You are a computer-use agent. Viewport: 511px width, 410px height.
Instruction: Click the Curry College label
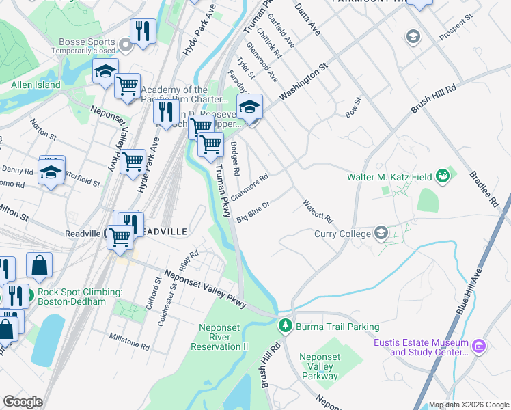click(x=342, y=234)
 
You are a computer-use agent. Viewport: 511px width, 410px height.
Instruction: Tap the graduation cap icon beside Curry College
click(x=381, y=234)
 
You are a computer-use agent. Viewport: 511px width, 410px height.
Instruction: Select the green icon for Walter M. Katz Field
click(x=443, y=177)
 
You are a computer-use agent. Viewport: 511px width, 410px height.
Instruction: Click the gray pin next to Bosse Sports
click(x=125, y=46)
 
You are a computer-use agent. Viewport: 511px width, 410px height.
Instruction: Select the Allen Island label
click(x=36, y=85)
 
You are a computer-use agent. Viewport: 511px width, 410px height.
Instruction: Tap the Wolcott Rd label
click(x=318, y=210)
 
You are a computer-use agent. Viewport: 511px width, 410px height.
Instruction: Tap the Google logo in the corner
click(x=23, y=402)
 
